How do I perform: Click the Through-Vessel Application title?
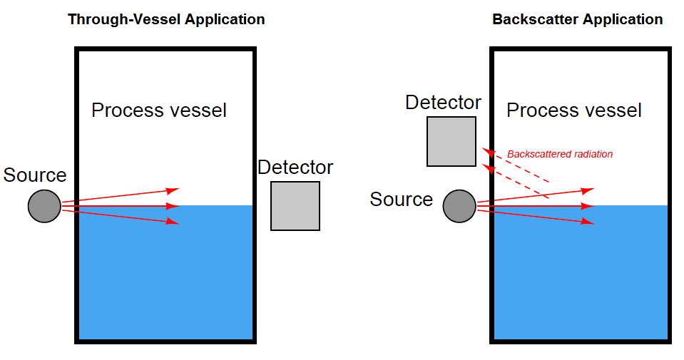(x=166, y=19)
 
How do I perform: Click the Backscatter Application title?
(x=578, y=19)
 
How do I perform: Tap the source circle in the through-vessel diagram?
(x=44, y=206)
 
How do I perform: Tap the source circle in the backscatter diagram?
(x=459, y=206)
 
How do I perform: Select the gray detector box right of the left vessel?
(x=295, y=206)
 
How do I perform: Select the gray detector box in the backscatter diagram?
(x=451, y=141)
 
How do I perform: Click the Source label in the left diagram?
(x=35, y=175)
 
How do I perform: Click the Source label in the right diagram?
(x=401, y=200)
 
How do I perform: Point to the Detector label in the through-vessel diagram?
(x=295, y=168)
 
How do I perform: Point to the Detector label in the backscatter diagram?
(x=443, y=103)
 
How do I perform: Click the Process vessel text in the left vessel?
(x=159, y=110)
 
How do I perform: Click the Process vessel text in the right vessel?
(x=574, y=110)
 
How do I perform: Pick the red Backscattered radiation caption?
(x=560, y=154)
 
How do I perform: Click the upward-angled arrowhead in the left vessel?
(x=173, y=190)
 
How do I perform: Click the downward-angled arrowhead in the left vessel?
(x=173, y=222)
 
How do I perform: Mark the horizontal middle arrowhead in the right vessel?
(x=588, y=206)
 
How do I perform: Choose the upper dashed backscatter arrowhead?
(x=488, y=152)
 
